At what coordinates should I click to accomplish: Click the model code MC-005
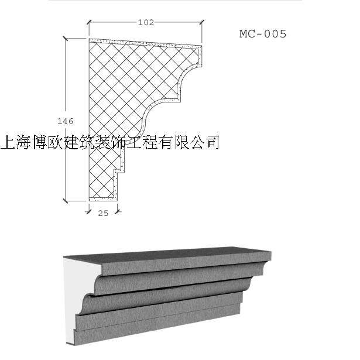pos(262,34)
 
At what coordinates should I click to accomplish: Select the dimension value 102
pos(145,23)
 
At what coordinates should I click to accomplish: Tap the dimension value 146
pos(66,121)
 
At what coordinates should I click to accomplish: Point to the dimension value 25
pos(103,213)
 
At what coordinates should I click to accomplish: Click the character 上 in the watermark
pos(10,142)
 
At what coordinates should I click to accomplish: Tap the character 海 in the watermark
pos(26,142)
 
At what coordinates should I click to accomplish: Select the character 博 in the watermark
pos(42,142)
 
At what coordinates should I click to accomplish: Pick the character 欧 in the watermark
pos(57,142)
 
